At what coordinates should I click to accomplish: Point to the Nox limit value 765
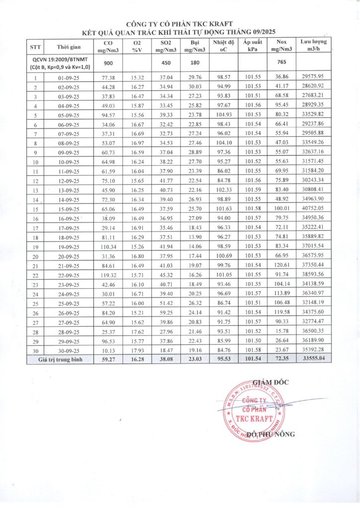[282, 63]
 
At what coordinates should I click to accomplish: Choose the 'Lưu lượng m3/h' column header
[313, 47]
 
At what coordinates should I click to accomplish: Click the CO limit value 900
[107, 63]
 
